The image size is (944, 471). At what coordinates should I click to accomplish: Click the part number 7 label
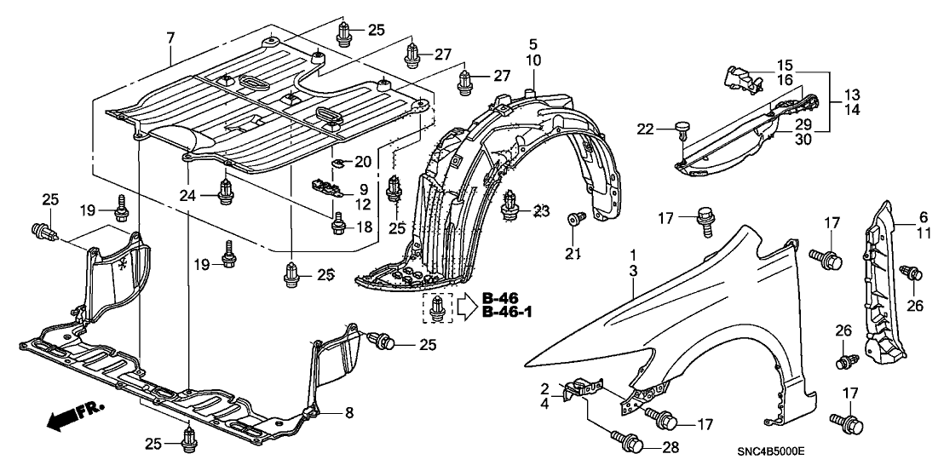tap(170, 38)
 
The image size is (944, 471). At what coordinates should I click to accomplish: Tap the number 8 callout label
tap(349, 412)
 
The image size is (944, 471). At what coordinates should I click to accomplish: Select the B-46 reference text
tap(500, 298)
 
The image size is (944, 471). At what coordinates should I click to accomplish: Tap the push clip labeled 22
tap(682, 131)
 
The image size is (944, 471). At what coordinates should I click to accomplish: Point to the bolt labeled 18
tap(338, 224)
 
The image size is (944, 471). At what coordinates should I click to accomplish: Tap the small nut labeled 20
tap(337, 162)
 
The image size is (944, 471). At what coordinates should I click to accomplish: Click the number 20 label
tap(363, 162)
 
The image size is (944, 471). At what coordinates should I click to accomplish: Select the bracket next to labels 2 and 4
tap(582, 388)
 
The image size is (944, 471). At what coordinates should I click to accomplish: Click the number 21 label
tap(573, 254)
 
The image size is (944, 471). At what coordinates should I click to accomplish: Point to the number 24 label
tap(187, 195)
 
